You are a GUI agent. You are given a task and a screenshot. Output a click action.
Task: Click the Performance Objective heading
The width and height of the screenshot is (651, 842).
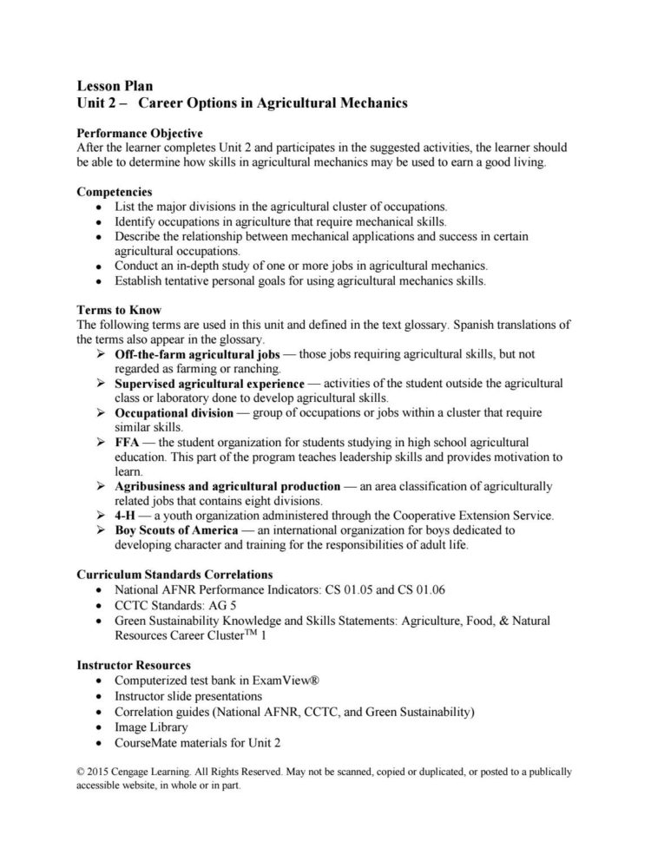coord(140,134)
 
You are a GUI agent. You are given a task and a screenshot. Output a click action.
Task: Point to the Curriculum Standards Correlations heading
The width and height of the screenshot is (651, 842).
coord(174,574)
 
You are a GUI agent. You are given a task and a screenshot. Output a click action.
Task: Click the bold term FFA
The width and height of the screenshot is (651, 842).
coord(127,442)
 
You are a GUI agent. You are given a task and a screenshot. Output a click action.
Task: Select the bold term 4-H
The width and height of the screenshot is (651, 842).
coord(127,515)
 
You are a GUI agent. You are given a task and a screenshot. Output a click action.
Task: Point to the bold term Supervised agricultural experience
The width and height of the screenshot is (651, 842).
coord(209,383)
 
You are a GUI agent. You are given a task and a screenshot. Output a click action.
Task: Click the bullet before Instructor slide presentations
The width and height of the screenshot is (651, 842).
coord(105,696)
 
